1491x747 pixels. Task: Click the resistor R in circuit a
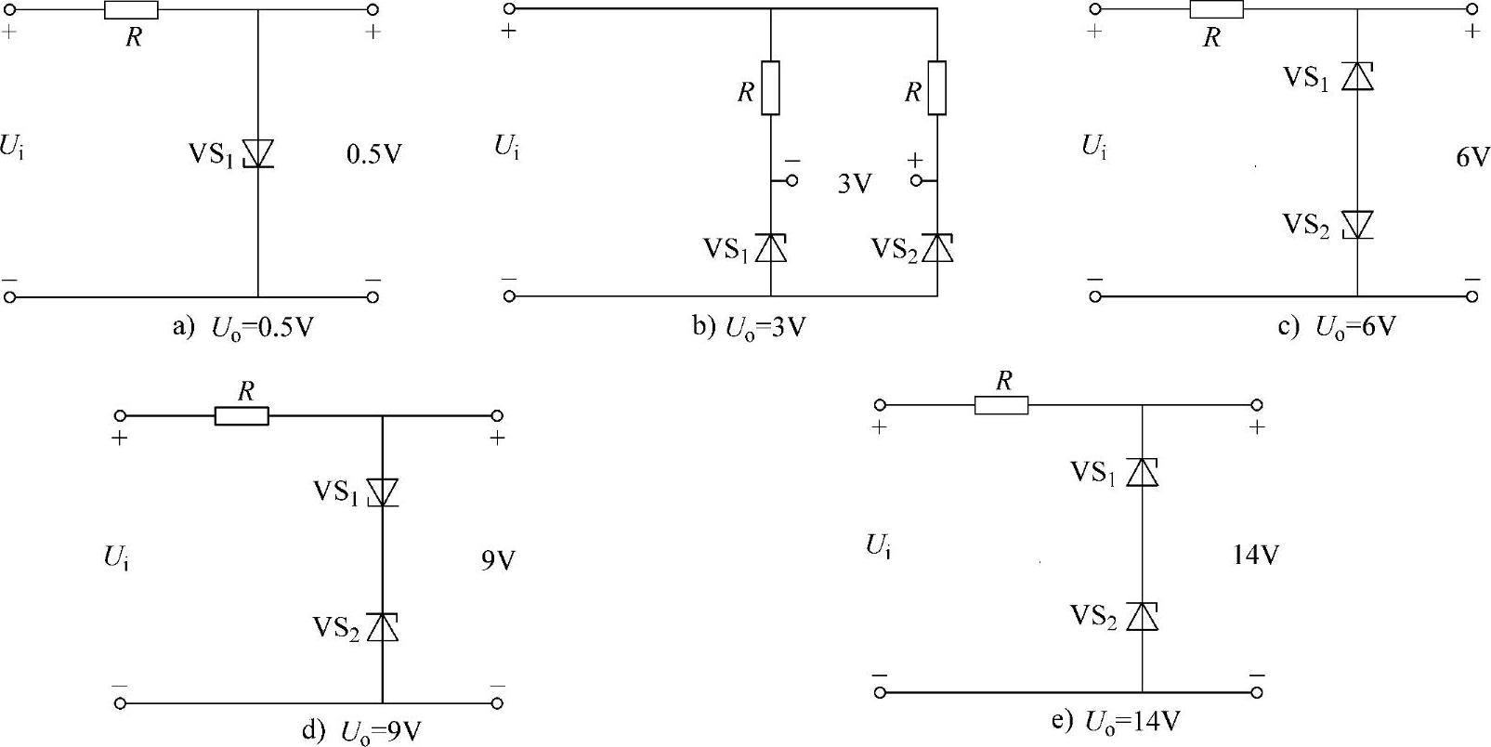[131, 10]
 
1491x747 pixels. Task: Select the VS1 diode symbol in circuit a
[257, 153]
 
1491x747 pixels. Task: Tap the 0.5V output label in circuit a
[373, 154]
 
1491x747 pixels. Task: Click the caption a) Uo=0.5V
[243, 329]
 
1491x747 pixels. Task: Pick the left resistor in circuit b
[770, 88]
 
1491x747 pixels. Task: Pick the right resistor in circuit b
[937, 88]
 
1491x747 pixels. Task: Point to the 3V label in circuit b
[855, 184]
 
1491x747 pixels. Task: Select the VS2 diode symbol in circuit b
[937, 248]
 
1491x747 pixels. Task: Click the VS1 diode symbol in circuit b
[770, 248]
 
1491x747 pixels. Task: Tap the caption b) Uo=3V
[748, 328]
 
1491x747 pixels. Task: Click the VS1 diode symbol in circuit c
[1357, 76]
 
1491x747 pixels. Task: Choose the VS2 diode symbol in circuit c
[1357, 224]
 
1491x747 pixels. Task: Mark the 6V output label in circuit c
[1472, 158]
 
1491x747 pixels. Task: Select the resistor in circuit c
[1216, 9]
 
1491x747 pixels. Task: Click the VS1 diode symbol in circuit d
[382, 491]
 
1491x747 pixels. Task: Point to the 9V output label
[498, 562]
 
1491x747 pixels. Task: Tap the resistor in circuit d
[242, 415]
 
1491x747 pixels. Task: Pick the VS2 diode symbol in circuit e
[1142, 616]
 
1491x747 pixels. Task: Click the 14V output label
[1256, 556]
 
